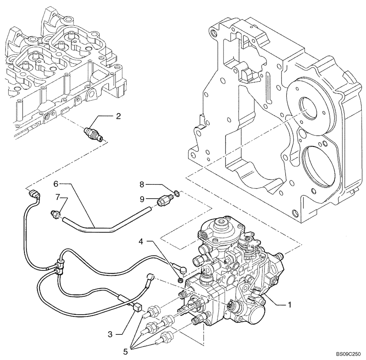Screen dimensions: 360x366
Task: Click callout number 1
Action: pos(290,304)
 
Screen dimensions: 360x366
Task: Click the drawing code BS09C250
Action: pos(347,355)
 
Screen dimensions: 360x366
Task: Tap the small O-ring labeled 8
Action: pos(177,192)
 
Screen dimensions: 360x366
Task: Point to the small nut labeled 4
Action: pos(180,281)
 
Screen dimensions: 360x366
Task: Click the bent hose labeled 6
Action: pos(106,226)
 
